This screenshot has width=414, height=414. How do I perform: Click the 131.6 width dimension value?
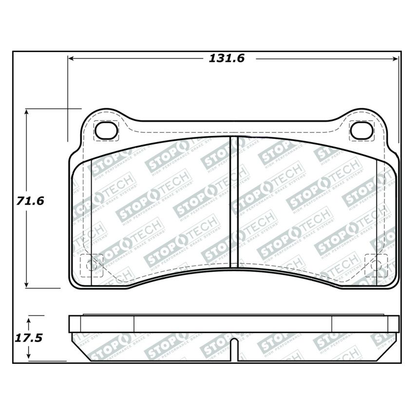click(x=226, y=58)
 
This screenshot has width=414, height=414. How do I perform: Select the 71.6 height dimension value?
click(x=30, y=200)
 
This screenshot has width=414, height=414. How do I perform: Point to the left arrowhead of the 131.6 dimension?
click(x=70, y=58)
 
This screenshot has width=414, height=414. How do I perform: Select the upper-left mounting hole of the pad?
click(x=106, y=130)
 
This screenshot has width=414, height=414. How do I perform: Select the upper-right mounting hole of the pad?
click(x=361, y=130)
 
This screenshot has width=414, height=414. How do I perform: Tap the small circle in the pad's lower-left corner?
click(x=89, y=265)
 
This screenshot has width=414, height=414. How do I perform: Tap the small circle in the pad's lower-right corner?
click(x=376, y=265)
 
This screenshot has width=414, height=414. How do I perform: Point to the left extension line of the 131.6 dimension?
click(x=67, y=97)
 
